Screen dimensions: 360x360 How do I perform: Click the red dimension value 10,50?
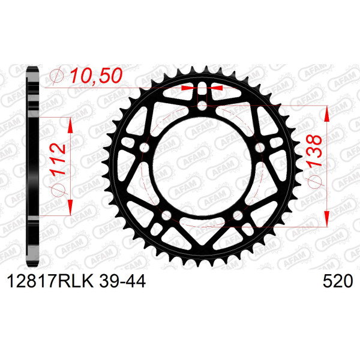pos(96,76)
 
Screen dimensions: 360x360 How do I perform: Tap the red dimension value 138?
pos(314,150)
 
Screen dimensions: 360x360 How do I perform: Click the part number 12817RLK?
pos(50,281)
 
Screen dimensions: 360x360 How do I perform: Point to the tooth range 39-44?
pos(122,281)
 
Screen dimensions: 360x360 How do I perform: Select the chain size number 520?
pos(338,281)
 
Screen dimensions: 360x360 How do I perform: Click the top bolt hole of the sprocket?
pos(202,106)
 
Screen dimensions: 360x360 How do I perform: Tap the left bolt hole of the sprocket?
pos(144,148)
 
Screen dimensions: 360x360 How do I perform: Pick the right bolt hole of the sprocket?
pos(260,148)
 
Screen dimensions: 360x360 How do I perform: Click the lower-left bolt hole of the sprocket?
pos(166,215)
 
